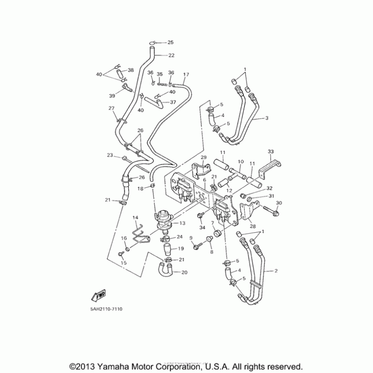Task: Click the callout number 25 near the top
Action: point(171,43)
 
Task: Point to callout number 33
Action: point(271,152)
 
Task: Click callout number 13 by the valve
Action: point(182,223)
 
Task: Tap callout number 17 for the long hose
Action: point(186,75)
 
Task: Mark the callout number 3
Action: point(267,118)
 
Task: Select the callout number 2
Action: point(276,270)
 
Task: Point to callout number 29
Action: point(203,157)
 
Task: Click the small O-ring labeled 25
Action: point(152,43)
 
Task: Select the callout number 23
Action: point(110,155)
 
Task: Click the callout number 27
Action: point(111,109)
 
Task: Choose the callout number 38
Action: point(131,70)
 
